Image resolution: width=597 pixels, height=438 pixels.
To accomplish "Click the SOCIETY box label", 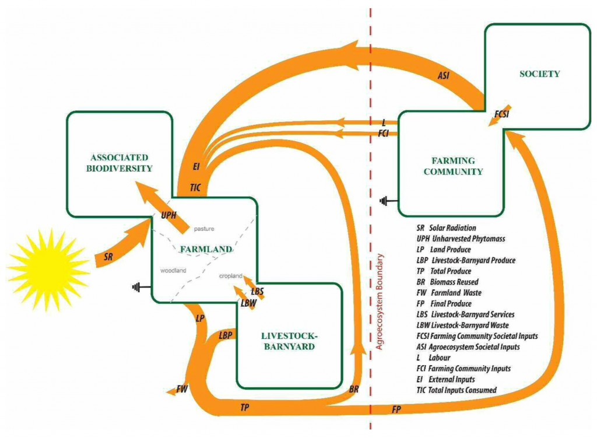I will tap(539, 74).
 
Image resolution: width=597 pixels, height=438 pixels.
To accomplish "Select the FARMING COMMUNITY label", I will tap(453, 166).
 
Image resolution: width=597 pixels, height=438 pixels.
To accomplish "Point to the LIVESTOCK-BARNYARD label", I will tap(287, 341).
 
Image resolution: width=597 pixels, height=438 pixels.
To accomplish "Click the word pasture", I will tap(203, 229).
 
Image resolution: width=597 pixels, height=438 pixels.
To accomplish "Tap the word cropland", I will tap(231, 276).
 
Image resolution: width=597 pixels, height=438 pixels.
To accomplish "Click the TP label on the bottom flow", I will tap(245, 407).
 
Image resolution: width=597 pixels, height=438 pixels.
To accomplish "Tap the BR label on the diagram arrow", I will tap(353, 389).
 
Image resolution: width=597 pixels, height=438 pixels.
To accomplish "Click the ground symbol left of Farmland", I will tap(138, 286).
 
